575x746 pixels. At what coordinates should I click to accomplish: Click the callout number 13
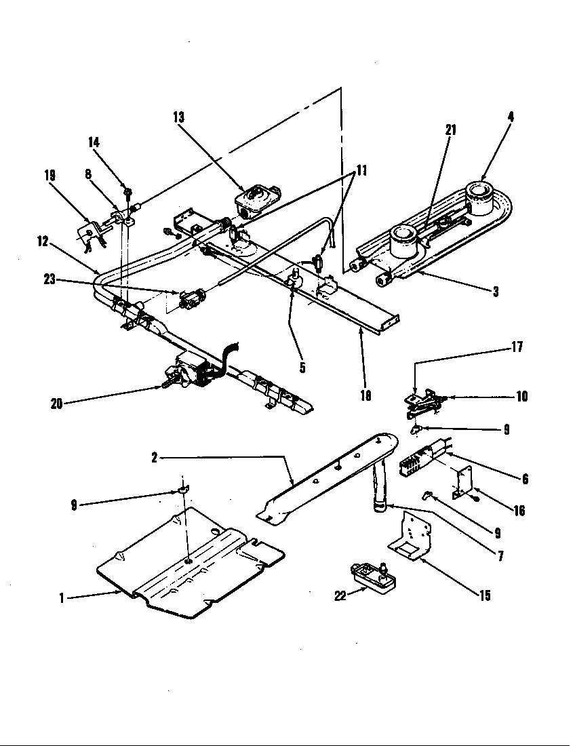[x=178, y=117]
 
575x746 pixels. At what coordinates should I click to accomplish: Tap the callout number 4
[x=510, y=117]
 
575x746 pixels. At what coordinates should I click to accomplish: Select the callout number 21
[x=450, y=130]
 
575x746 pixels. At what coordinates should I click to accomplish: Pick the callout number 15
[x=483, y=596]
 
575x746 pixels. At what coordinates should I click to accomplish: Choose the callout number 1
[x=62, y=598]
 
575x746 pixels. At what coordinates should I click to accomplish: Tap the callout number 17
[x=518, y=348]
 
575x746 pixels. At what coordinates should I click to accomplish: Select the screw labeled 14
[x=126, y=187]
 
